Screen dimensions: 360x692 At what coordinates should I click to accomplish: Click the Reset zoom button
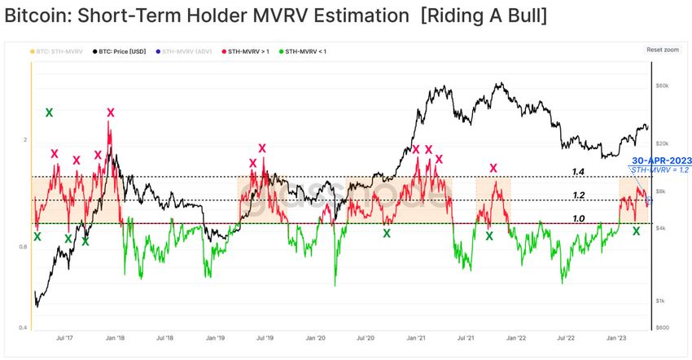coord(662,50)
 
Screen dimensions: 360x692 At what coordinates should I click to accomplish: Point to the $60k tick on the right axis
coord(663,85)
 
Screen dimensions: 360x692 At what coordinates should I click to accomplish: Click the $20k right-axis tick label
coord(663,143)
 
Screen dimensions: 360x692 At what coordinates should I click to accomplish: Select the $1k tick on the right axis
coord(664,301)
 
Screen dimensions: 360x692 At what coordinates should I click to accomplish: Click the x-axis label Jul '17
coord(64,336)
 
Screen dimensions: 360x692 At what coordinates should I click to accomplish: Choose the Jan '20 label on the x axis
coord(316,336)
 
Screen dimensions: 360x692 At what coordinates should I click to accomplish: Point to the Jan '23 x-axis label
coord(617,336)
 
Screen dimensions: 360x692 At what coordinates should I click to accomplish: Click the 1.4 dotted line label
coord(578,172)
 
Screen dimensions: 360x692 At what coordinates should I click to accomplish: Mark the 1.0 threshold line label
coord(578,218)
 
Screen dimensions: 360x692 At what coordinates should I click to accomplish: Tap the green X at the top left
coord(49,112)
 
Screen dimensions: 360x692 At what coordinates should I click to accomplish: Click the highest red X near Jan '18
coord(110,112)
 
